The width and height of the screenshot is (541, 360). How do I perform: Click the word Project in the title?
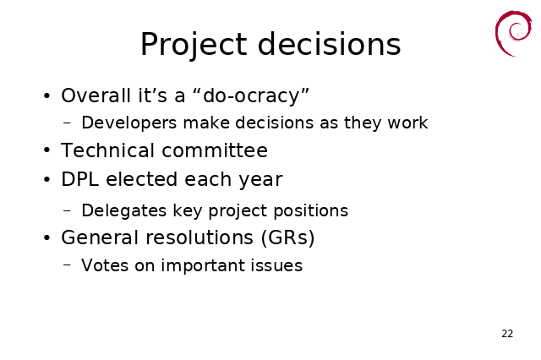pos(194,45)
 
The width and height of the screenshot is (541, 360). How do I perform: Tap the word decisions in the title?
pos(329,44)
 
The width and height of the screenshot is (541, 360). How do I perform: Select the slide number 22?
pos(507,334)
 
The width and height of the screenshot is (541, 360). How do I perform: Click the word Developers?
pos(129,123)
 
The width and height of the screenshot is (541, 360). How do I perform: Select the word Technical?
pos(107,150)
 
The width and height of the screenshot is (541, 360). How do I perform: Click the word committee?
pos(215,150)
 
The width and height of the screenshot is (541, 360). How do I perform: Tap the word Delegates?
pos(124,210)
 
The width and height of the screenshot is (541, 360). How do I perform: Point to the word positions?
pos(310,210)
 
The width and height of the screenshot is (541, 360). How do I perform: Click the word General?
pos(100,237)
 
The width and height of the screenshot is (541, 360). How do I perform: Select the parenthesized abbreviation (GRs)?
pos(287,237)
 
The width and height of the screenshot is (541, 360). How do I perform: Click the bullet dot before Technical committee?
pos(47,150)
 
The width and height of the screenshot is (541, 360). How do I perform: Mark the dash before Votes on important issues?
pos(68,265)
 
